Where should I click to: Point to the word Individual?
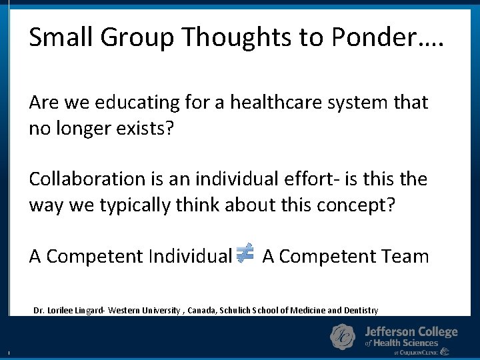point(190,256)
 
